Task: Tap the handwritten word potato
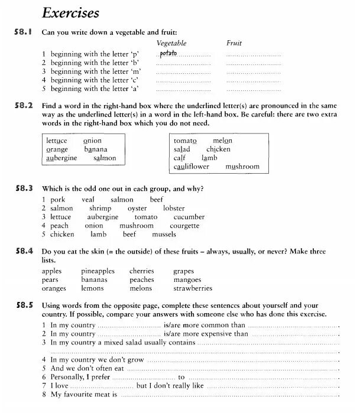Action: tap(168, 54)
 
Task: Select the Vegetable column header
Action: tap(171, 43)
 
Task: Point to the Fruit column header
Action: tap(234, 43)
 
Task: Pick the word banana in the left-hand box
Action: tap(96, 150)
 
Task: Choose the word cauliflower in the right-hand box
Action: tap(192, 167)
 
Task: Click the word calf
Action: tap(180, 158)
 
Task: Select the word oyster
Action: tap(137, 209)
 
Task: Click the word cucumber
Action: tap(189, 217)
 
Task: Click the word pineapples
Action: tap(98, 271)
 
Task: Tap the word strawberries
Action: tap(193, 288)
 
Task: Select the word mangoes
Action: tap(188, 279)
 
